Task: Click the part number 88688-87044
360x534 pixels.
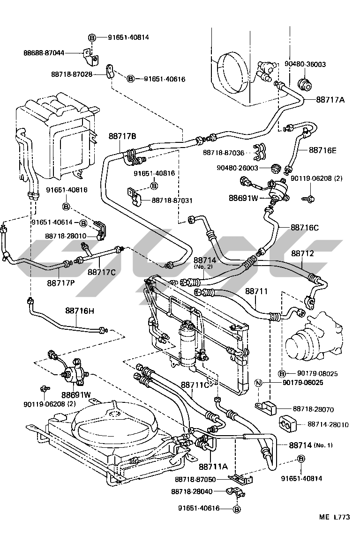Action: click(44, 53)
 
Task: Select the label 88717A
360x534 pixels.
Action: click(330, 100)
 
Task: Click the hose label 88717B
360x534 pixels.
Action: click(122, 136)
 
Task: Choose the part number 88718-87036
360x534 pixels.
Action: click(223, 152)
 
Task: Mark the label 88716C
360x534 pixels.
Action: click(305, 228)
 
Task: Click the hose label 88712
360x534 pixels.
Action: click(302, 253)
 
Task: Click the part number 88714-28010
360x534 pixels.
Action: click(328, 425)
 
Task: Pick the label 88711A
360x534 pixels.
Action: click(213, 467)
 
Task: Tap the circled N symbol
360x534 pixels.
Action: click(257, 383)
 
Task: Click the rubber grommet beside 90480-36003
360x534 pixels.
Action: click(306, 85)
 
